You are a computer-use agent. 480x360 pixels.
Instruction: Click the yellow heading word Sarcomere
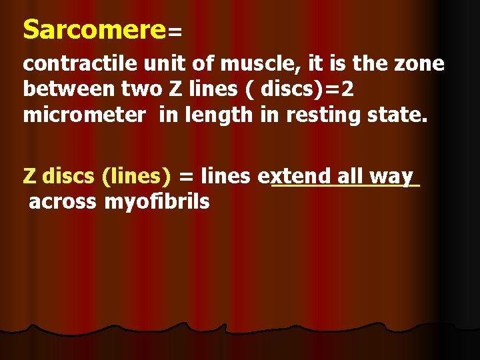[x=93, y=29]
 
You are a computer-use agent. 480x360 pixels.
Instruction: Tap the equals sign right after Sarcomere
[x=175, y=32]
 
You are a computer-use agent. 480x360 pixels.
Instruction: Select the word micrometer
[x=84, y=115]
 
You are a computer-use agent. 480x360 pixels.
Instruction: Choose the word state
[x=397, y=115]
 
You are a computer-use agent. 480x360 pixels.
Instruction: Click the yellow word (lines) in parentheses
[x=137, y=176]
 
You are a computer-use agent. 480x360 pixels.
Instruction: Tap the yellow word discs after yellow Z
[x=69, y=176]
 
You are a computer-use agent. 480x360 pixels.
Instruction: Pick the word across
[x=63, y=201]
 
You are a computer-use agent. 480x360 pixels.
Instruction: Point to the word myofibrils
[x=157, y=201]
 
